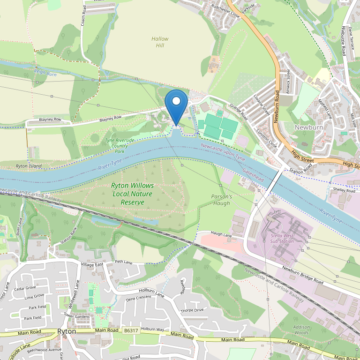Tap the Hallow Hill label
[160, 42]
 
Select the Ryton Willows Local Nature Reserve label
[133, 194]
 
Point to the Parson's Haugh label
[221, 200]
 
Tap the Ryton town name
[67, 331]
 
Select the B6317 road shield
[131, 331]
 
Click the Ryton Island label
[29, 166]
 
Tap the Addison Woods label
[301, 330]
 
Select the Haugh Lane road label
[221, 234]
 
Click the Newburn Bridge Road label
[303, 275]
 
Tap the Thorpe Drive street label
[192, 310]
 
